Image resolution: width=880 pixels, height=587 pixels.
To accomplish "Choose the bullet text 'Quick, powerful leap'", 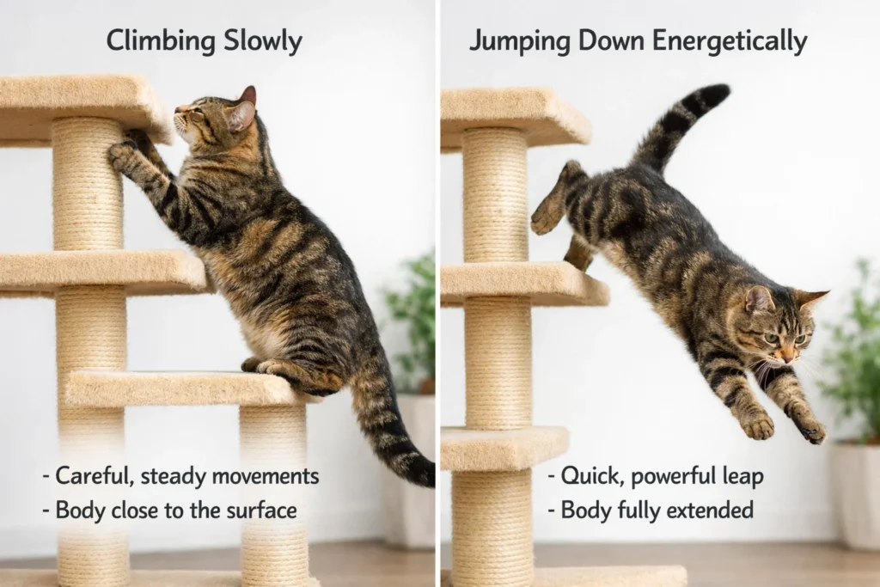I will tap(657, 475).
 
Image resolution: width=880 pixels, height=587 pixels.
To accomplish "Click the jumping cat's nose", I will tap(784, 354).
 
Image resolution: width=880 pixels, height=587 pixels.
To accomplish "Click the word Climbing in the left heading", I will tap(157, 41).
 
